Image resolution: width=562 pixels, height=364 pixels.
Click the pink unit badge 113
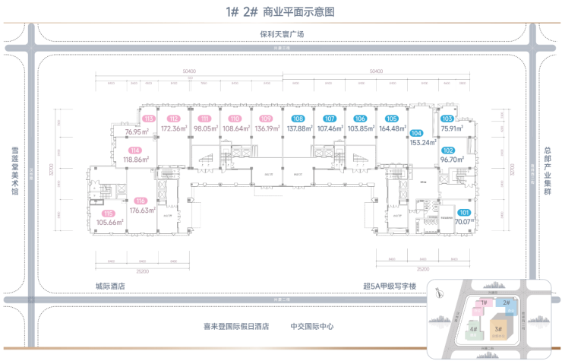coord(149,119)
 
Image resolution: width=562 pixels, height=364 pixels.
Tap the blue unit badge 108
coord(298,119)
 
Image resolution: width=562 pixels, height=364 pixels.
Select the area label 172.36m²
coord(174,128)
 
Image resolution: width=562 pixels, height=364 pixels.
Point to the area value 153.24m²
coord(423,142)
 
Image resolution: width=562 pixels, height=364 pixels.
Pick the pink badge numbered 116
coord(140,202)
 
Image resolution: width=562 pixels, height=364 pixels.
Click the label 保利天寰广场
coord(281,34)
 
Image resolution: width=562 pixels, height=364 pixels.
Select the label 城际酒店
coord(110,286)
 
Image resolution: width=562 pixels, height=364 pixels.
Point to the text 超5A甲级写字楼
coord(390,286)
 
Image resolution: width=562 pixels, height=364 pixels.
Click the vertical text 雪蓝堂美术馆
coord(14,169)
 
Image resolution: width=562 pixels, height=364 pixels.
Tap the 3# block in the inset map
coord(498,329)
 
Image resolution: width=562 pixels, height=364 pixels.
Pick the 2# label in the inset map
coord(506,302)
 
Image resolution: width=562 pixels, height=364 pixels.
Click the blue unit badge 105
coord(391,119)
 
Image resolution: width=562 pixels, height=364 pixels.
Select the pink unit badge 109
coord(265,119)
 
